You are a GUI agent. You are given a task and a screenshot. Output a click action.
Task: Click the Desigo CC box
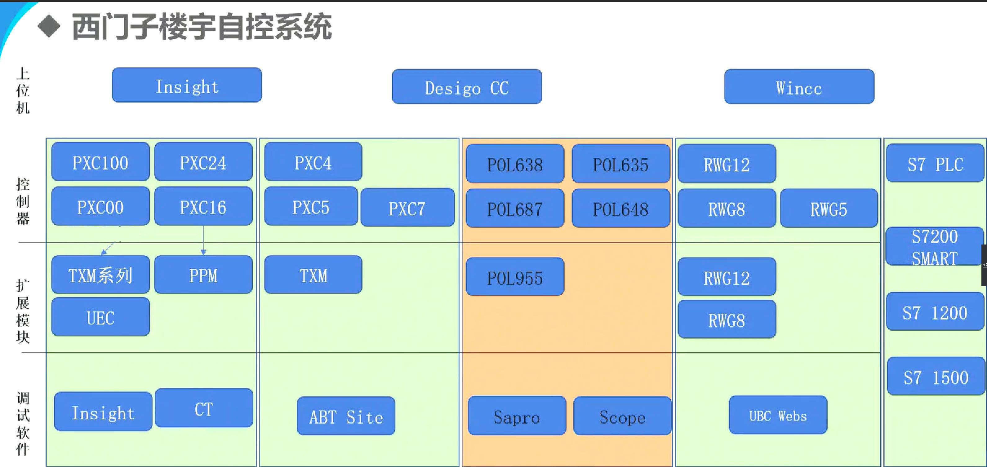point(467,87)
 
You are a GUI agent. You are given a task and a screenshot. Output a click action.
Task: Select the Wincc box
point(799,87)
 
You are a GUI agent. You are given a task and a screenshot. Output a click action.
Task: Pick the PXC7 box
point(407,208)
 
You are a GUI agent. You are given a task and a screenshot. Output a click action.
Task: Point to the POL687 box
point(514,209)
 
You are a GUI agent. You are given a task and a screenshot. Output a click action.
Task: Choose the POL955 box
point(514,277)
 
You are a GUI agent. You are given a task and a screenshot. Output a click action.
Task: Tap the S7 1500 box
point(936,377)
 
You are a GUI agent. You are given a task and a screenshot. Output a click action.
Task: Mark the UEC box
point(100,317)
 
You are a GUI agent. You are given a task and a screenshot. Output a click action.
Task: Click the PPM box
point(203,275)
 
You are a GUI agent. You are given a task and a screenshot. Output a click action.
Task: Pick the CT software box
point(203,408)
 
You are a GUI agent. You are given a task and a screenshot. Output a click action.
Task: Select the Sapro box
point(517,416)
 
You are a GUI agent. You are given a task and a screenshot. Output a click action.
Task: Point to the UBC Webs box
point(778,415)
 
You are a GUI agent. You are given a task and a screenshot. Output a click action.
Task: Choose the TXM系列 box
point(100,275)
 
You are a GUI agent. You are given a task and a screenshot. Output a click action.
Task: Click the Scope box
point(622,416)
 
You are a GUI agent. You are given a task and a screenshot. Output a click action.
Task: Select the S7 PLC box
point(935,163)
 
